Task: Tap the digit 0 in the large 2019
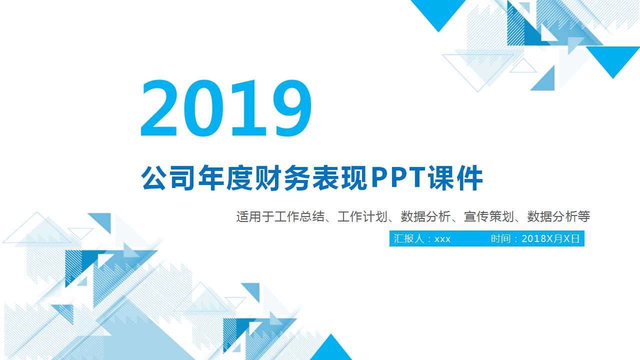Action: coord(204,109)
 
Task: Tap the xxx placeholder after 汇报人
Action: coord(442,239)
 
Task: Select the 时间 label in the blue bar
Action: coord(501,239)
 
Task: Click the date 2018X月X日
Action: coord(550,239)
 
